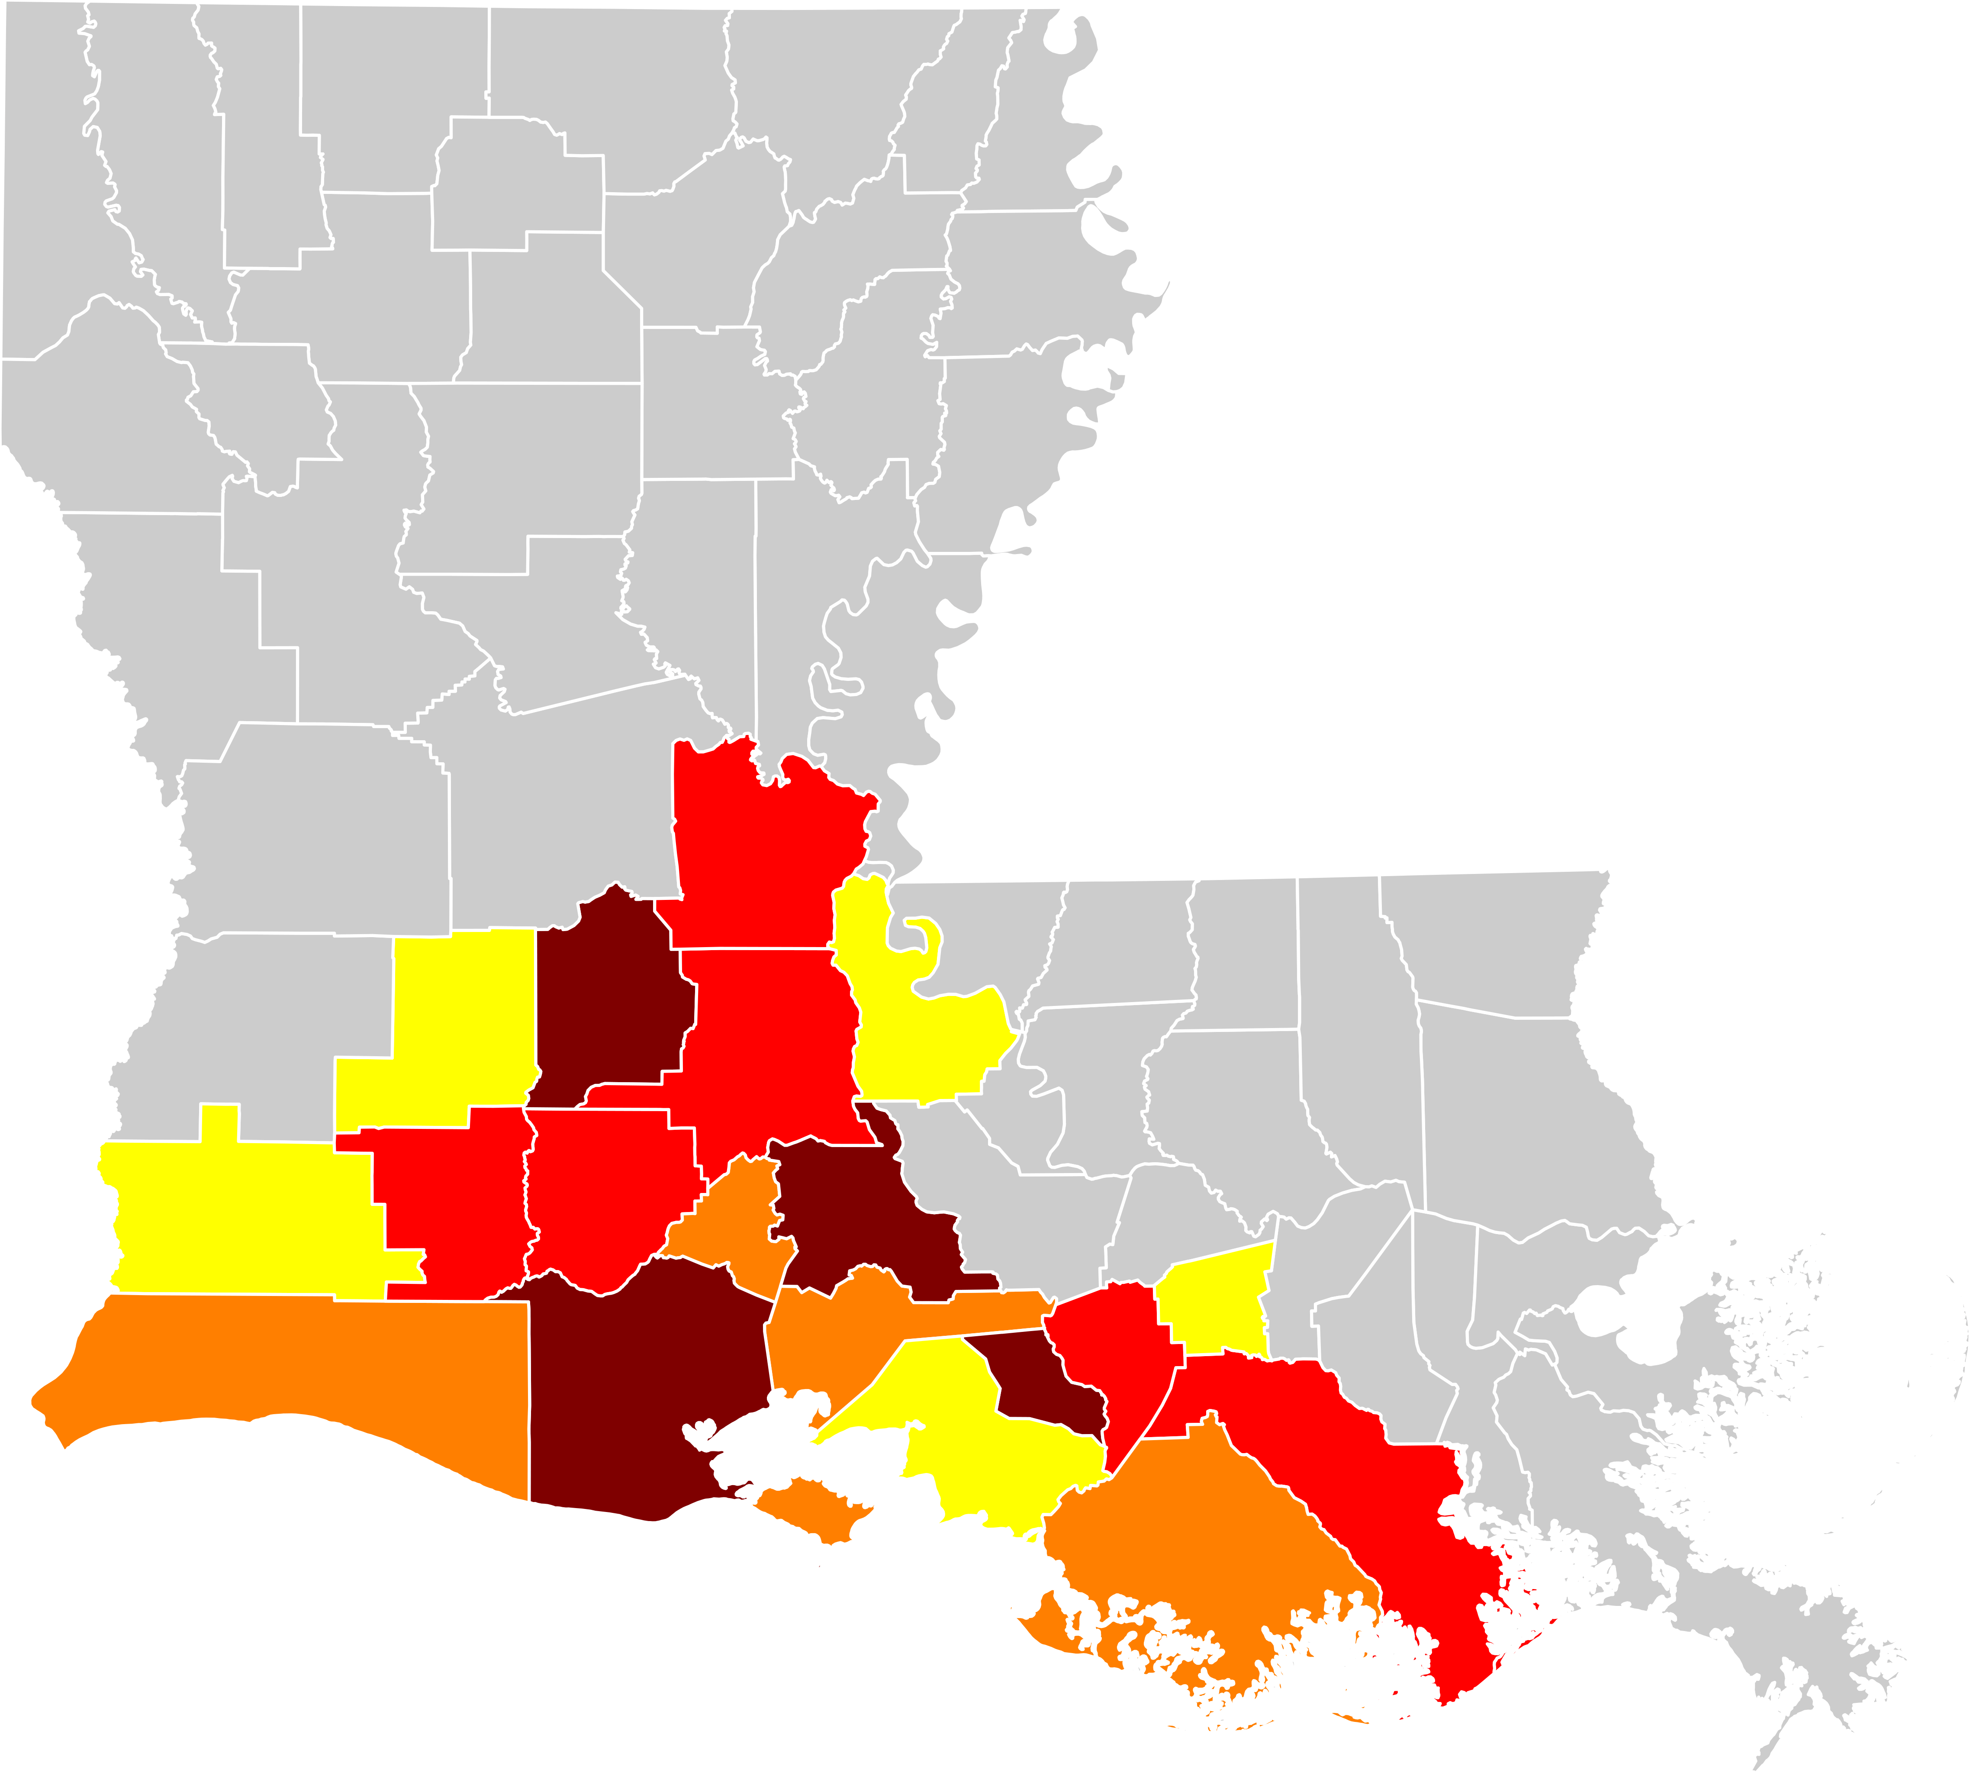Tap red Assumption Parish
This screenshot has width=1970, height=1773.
coord(1110,1354)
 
